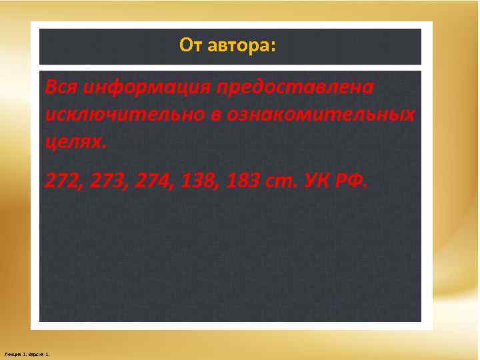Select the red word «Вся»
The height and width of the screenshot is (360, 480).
[x=61, y=87]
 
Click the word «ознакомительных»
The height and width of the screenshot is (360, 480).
[x=321, y=115]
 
